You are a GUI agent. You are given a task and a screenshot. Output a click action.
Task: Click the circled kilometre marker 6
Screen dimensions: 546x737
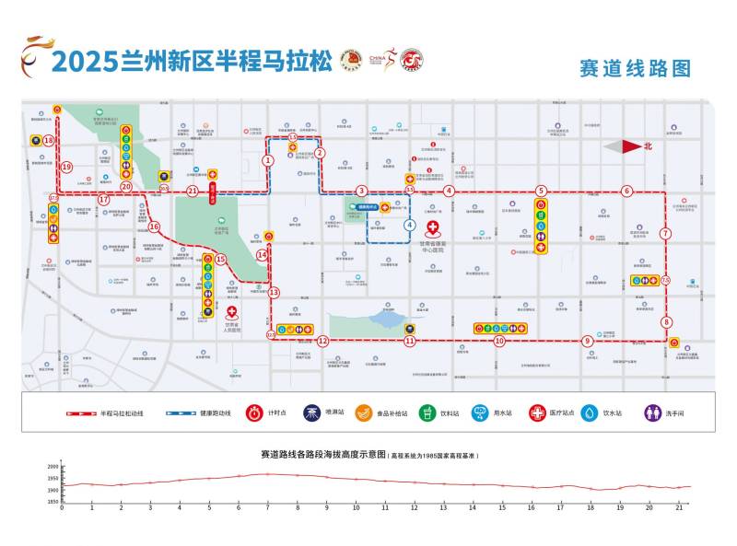coord(626,192)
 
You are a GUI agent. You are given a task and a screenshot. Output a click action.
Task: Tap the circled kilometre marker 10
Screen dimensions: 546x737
coord(498,341)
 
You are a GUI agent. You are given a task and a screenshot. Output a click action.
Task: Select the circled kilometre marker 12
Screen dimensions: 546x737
coord(322,341)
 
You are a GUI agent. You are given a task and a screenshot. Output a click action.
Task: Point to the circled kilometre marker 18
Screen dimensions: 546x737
coord(48,140)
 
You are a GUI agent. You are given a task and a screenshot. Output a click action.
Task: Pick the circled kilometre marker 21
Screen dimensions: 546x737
coord(193,192)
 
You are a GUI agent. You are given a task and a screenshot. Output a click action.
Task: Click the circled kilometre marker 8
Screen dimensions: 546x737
coord(666,322)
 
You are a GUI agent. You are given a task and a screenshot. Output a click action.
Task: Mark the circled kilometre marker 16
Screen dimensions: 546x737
coord(154,227)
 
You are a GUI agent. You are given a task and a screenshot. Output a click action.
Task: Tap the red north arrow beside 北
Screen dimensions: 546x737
coord(624,145)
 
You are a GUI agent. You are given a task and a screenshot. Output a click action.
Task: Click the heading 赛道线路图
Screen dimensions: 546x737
coord(634,68)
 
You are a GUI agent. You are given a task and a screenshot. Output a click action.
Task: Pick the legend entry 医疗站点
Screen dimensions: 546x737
coord(551,413)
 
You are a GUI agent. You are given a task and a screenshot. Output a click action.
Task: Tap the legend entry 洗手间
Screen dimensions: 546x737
coord(665,413)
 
